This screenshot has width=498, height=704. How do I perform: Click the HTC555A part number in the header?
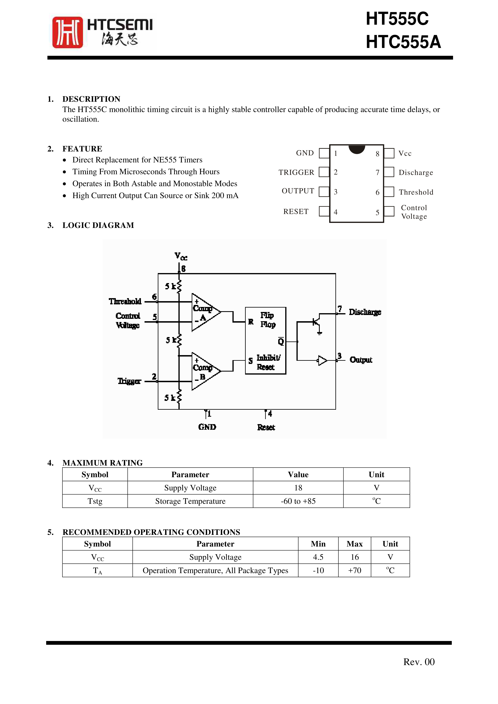pos(403,42)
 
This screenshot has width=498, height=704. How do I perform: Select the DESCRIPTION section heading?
pos(91,99)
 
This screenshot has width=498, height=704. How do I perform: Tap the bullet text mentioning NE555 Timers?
pos(137,160)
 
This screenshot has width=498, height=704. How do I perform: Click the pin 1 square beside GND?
pos(324,153)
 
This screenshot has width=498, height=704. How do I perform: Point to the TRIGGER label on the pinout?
pos(296,172)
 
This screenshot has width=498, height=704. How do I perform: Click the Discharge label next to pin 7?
pos(416,173)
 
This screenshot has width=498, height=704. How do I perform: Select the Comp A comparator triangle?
pos(204,312)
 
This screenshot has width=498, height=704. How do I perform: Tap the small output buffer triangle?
pos(322,360)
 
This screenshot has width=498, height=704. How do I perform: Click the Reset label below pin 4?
pos(266,427)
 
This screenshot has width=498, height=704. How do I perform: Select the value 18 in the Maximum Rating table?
pos(298,488)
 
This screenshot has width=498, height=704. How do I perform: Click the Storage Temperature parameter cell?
pos(190,501)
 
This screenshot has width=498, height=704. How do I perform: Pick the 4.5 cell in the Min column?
pos(318,557)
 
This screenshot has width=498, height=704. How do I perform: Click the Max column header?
pos(354,544)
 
